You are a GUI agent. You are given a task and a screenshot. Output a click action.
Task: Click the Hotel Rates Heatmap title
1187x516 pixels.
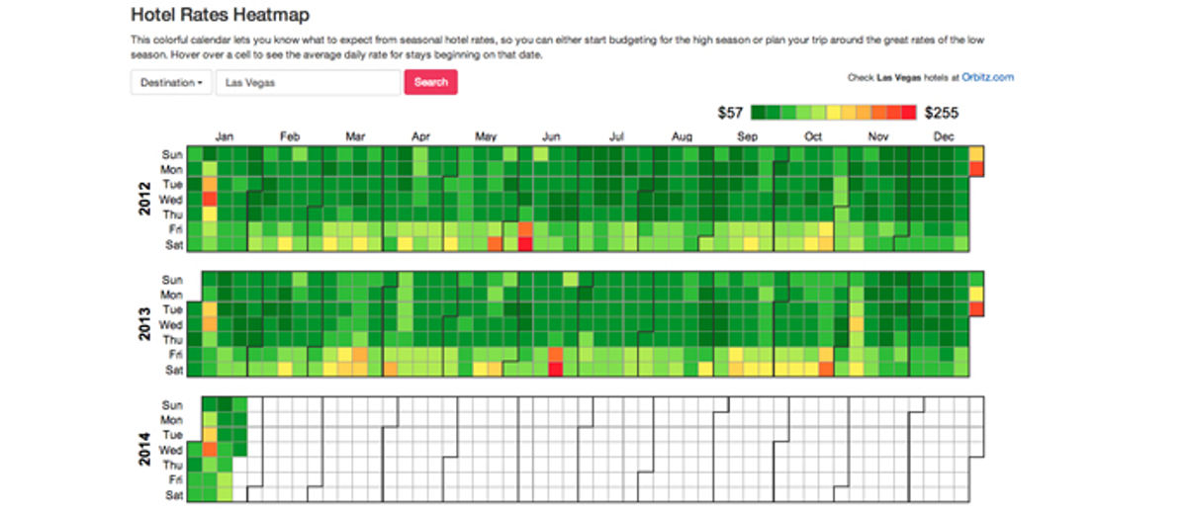tap(220, 15)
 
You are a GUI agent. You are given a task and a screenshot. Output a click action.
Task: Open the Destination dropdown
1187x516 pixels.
tap(172, 83)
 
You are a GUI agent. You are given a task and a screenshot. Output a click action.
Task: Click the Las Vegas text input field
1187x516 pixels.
tap(308, 83)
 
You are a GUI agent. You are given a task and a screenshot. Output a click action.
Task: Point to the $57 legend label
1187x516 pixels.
tap(730, 113)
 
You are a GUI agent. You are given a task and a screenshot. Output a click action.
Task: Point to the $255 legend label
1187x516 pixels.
tap(942, 113)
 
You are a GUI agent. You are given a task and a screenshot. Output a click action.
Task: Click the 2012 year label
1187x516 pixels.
tap(144, 198)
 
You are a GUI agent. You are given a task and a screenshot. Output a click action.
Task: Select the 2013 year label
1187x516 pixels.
tap(144, 324)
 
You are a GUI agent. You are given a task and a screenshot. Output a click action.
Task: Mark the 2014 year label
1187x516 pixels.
tap(144, 450)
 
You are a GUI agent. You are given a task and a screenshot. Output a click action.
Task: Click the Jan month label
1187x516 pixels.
tap(225, 137)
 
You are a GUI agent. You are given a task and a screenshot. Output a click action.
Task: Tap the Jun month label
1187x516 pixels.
tap(552, 137)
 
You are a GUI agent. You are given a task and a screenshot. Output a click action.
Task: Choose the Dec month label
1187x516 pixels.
tap(943, 137)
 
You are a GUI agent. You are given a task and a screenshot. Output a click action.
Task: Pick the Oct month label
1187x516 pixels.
tap(813, 137)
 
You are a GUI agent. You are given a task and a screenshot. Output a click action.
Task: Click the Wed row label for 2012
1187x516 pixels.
tap(171, 200)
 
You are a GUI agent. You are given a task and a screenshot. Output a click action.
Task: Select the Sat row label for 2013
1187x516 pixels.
tap(173, 370)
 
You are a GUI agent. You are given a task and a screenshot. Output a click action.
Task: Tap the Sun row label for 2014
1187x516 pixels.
tap(172, 405)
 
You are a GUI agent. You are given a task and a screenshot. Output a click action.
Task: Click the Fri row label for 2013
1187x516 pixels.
tap(175, 355)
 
